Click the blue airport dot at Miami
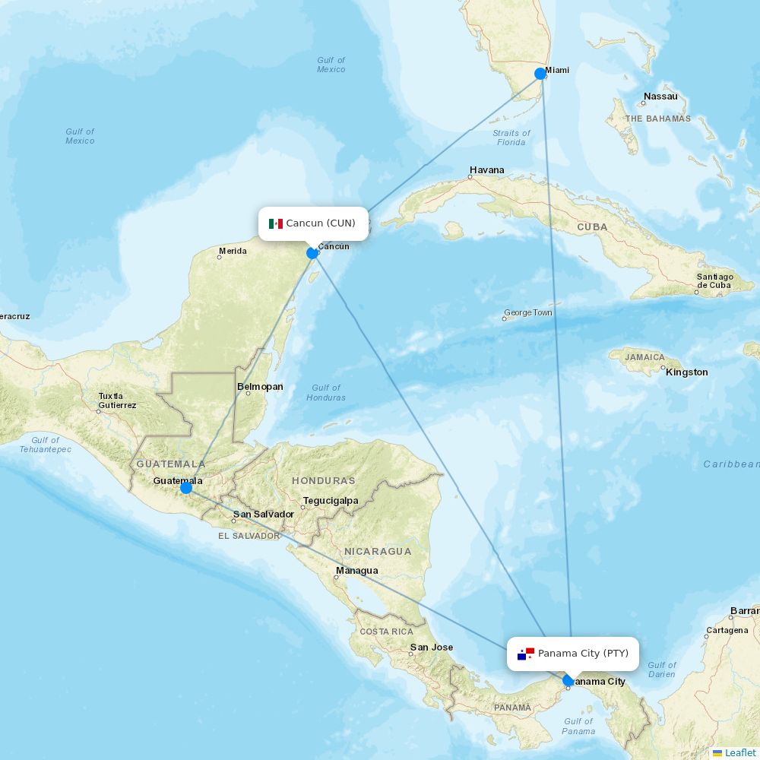(540, 74)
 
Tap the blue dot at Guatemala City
(186, 487)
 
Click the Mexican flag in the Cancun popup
(275, 223)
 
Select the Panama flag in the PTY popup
(526, 654)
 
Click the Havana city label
(486, 170)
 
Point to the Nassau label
(660, 97)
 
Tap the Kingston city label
(686, 372)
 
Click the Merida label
(233, 251)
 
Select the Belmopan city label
(260, 387)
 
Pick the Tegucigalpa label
(330, 501)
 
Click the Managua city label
(356, 571)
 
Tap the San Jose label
(431, 648)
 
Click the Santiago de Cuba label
(714, 281)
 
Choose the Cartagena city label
(727, 631)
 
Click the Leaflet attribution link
(739, 752)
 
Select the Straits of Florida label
(511, 138)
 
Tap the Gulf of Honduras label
(326, 393)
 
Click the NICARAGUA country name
(378, 551)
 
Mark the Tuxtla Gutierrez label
(116, 401)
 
